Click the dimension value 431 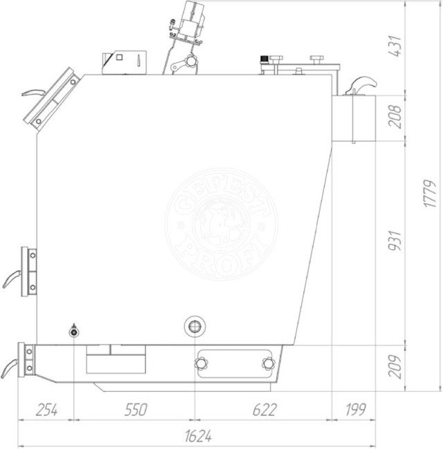(x=395, y=46)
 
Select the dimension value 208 (x=395, y=116)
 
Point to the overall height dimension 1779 (x=431, y=193)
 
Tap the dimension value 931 (x=395, y=240)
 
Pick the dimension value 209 (x=395, y=367)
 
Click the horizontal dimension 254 (x=47, y=410)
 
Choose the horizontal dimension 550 (x=136, y=410)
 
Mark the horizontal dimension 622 (x=265, y=410)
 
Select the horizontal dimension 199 (x=356, y=410)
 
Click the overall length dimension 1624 (x=198, y=436)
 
